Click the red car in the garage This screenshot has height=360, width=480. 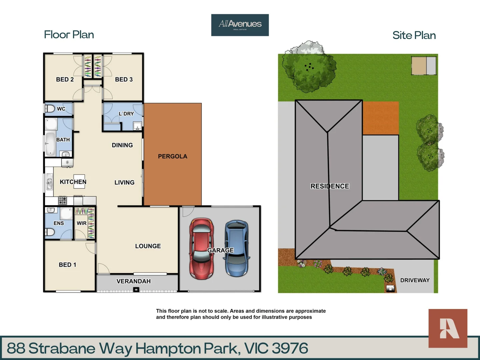(201, 249)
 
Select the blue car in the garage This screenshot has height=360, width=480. (237, 248)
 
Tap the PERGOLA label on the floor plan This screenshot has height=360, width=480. (172, 156)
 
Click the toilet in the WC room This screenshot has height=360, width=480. (50, 109)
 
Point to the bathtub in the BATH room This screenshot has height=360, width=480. (50, 144)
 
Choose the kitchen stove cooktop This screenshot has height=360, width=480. (62, 200)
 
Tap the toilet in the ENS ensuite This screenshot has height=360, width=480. (50, 232)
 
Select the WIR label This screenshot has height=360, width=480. (81, 223)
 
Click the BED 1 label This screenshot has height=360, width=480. (67, 265)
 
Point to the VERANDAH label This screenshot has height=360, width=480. (133, 281)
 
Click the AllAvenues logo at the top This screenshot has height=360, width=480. (240, 25)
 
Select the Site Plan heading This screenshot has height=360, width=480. (414, 35)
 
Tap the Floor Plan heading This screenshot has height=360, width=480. (69, 35)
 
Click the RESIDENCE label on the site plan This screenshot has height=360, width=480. (330, 186)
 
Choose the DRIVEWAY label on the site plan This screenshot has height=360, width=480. (415, 280)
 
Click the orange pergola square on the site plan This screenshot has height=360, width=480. (381, 118)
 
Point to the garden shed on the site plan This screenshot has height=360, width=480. (424, 66)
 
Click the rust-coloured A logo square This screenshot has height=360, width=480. (448, 328)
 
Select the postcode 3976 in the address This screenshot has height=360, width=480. (290, 348)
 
